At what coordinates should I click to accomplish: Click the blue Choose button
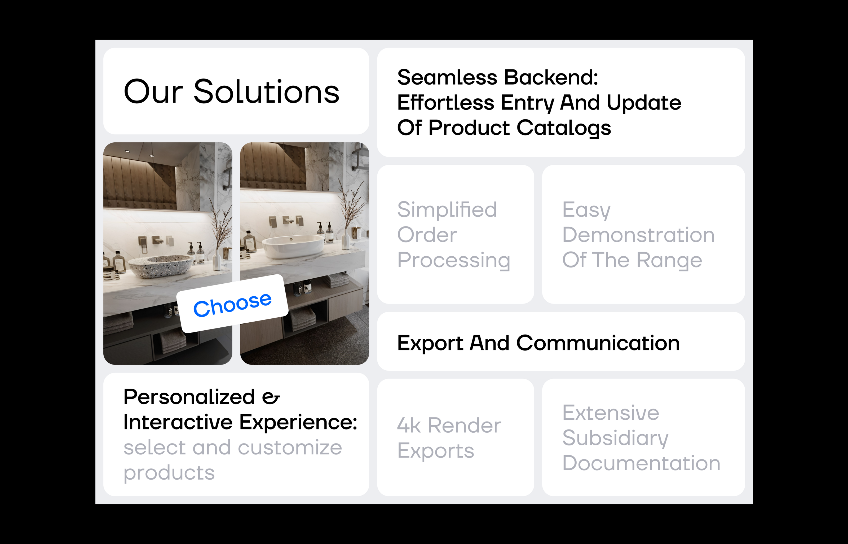click(x=232, y=304)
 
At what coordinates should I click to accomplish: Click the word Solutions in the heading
click(x=267, y=92)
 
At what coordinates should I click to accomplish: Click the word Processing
click(x=454, y=260)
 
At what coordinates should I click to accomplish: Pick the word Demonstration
click(x=638, y=235)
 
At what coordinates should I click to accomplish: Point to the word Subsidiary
click(x=615, y=438)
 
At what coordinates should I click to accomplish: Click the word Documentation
click(x=641, y=463)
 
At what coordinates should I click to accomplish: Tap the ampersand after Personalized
click(x=271, y=397)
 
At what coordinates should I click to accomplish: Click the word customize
click(x=290, y=448)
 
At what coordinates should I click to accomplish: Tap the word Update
click(x=644, y=103)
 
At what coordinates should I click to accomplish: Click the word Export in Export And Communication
click(x=430, y=343)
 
